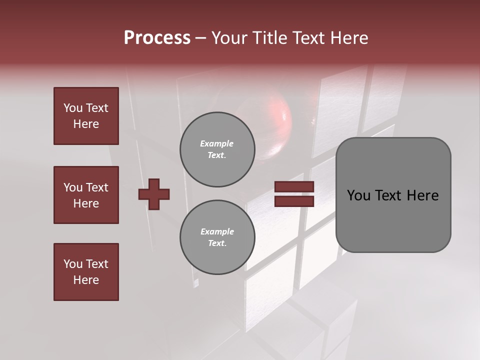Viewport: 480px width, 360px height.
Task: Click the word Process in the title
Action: point(157,38)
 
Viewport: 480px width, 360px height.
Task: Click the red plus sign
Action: point(154,194)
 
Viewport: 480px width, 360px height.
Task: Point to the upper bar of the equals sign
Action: point(294,186)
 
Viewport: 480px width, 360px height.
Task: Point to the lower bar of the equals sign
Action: point(294,201)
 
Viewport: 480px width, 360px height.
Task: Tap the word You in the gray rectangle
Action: point(358,195)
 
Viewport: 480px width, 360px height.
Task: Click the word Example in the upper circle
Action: point(217,143)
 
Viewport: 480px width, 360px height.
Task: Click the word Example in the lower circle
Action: point(217,231)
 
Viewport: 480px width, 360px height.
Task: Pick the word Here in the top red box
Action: point(86,124)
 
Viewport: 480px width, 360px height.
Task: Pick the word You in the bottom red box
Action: point(73,263)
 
